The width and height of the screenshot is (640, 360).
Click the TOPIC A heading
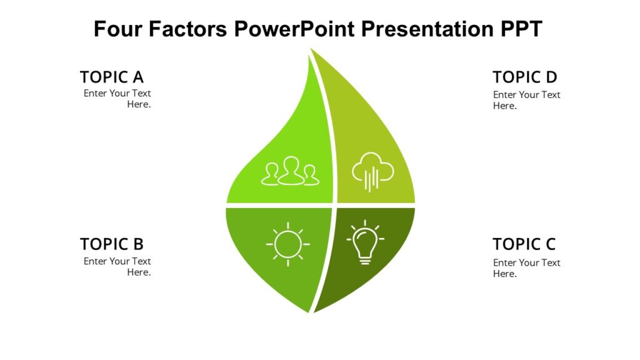(x=111, y=77)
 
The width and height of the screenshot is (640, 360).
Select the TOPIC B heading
(x=111, y=244)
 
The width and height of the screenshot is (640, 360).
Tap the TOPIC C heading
(x=524, y=244)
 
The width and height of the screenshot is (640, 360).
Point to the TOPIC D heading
(x=524, y=77)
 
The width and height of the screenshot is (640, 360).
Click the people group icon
(x=290, y=172)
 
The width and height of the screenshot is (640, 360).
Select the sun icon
(x=287, y=244)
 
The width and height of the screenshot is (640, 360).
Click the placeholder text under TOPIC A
(x=117, y=99)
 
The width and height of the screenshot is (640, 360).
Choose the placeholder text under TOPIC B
(x=117, y=267)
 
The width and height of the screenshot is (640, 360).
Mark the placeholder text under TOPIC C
(x=526, y=268)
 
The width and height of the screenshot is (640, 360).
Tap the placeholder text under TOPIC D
(x=526, y=100)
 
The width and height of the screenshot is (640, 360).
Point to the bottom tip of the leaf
(x=310, y=311)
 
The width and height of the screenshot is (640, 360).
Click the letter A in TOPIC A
(x=137, y=77)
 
